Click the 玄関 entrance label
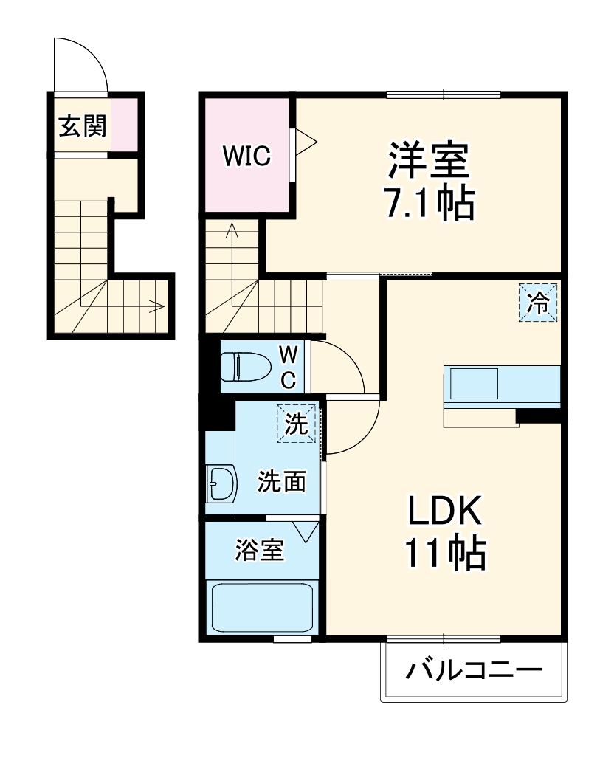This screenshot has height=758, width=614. click(83, 126)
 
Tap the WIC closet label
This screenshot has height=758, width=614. click(248, 156)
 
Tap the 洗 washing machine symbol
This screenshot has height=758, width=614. click(296, 424)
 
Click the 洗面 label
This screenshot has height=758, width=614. click(281, 482)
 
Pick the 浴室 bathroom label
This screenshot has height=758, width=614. click(260, 550)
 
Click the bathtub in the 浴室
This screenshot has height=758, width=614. click(262, 606)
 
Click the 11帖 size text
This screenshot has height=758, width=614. click(444, 552)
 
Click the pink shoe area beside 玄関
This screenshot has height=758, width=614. click(124, 123)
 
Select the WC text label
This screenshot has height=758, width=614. click(288, 367)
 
